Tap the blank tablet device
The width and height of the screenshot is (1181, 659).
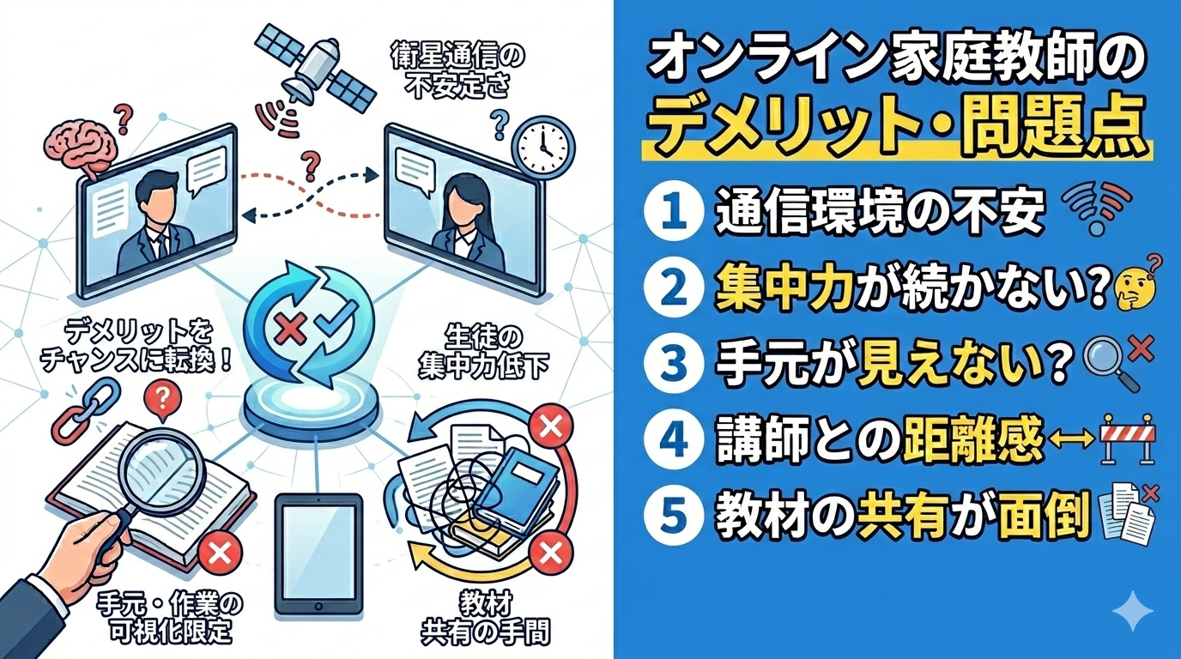click(x=318, y=553)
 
